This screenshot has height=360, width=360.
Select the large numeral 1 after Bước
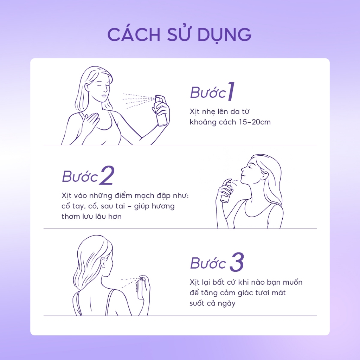[x=231, y=91]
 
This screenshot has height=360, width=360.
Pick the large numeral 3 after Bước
[x=237, y=262]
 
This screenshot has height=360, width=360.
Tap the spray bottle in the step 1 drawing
[x=161, y=110]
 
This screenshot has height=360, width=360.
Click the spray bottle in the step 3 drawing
[x=141, y=288]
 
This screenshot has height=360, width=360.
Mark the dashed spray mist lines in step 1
[x=139, y=100]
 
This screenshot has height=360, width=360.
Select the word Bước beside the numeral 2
[x=80, y=176]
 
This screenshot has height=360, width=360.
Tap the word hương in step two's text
[x=163, y=206]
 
